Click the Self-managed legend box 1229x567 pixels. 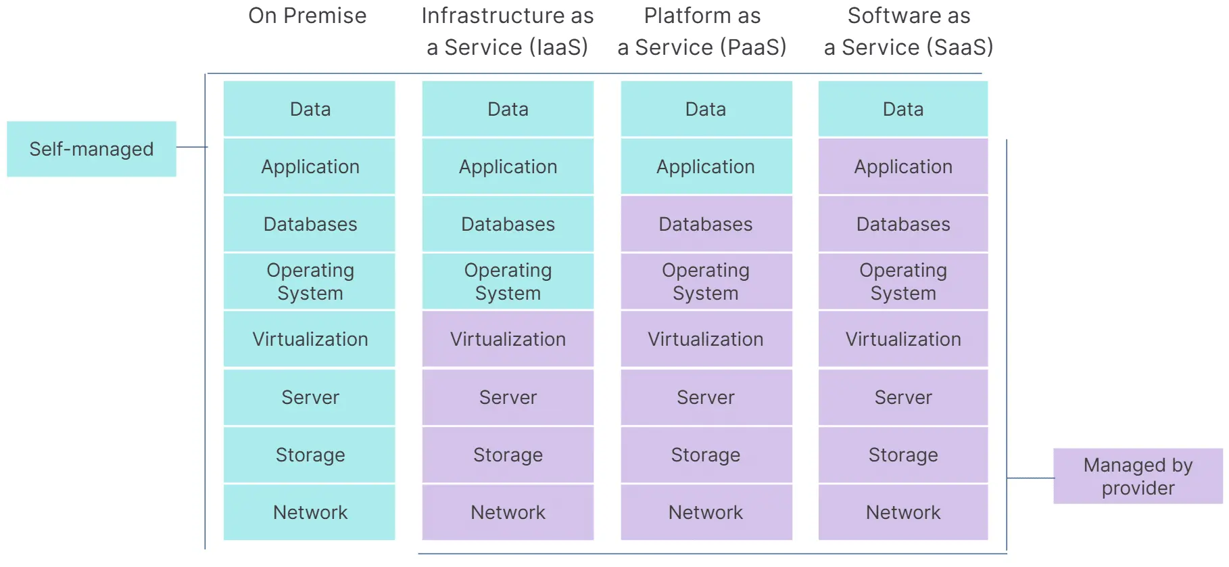(91, 149)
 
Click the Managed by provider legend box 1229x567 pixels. (1138, 476)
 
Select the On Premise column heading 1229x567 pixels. (308, 16)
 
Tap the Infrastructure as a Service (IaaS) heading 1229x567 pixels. (507, 31)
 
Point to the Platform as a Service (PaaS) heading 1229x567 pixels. (702, 31)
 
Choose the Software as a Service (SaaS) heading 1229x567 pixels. (909, 31)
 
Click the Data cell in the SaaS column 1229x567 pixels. (903, 109)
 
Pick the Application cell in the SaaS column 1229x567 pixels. (903, 166)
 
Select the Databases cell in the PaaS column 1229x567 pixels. (706, 224)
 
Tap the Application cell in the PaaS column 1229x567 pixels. (706, 166)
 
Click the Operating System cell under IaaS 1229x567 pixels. (508, 281)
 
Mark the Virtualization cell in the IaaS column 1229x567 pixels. (508, 339)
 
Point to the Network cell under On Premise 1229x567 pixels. (310, 512)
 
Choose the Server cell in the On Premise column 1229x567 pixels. (310, 397)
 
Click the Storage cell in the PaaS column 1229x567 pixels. (706, 455)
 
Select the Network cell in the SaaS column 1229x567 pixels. (903, 512)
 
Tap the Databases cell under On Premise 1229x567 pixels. (310, 224)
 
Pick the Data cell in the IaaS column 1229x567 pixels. (508, 109)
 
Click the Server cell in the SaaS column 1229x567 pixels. (903, 397)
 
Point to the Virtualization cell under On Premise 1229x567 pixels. (310, 339)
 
